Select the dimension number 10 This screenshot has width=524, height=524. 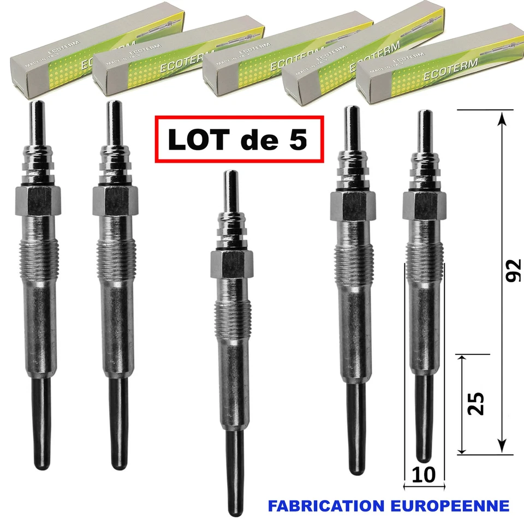tap(425, 474)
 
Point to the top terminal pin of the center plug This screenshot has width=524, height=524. tap(230, 188)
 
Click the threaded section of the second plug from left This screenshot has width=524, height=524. tap(115, 257)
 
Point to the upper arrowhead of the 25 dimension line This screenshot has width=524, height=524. tap(462, 360)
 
